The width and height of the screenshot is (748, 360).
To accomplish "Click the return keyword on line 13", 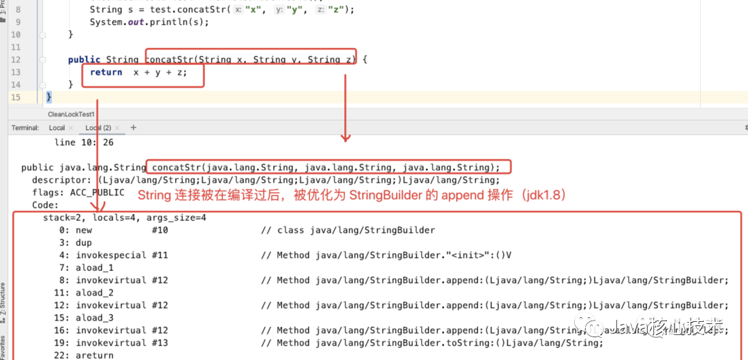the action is [x=106, y=72].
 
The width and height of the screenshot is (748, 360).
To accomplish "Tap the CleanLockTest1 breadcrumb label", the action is [x=71, y=114].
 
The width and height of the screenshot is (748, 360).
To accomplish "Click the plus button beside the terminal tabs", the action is [x=134, y=128].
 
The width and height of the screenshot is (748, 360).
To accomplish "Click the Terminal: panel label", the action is [x=25, y=128].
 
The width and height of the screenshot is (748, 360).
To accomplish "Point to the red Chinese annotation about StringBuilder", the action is [x=352, y=196].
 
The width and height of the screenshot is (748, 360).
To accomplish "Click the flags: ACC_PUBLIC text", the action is [x=78, y=192].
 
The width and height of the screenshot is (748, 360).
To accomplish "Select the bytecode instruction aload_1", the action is [x=94, y=267].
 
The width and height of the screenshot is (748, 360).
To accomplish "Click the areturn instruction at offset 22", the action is [x=94, y=355].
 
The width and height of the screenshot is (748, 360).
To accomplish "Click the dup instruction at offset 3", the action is [x=84, y=242].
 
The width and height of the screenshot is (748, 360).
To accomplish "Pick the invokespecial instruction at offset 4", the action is [x=111, y=255].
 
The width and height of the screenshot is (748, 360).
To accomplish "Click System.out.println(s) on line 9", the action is [x=149, y=22].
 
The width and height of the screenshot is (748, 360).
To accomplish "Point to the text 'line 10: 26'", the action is [x=84, y=143].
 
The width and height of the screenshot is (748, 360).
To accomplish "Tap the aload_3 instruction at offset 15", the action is [x=94, y=318].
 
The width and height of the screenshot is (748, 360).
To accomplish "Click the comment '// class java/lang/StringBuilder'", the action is [x=348, y=230].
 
